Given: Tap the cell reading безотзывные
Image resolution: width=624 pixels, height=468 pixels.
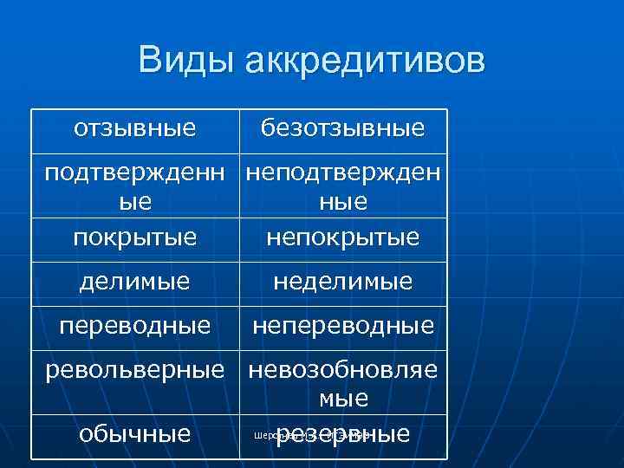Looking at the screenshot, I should click(343, 129).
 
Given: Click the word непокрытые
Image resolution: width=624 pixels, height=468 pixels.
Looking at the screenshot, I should click(343, 237).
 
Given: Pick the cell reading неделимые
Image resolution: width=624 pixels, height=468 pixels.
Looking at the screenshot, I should click(343, 282).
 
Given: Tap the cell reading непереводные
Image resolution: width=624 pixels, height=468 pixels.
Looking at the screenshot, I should click(343, 326).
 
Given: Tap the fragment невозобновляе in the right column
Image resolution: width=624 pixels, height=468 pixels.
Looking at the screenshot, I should click(343, 370).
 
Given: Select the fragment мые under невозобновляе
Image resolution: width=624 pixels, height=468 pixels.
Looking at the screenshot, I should click(343, 399).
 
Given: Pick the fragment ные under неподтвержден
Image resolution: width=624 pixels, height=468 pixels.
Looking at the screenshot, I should click(343, 202).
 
